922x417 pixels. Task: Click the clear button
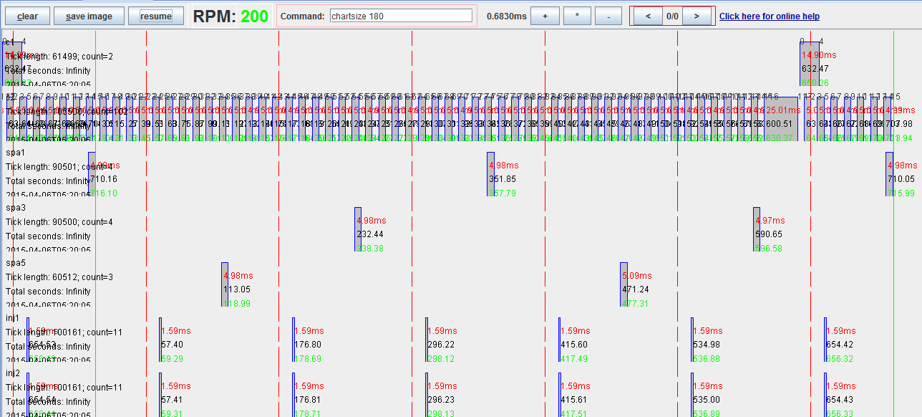pyautogui.click(x=27, y=16)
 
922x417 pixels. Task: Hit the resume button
pyautogui.click(x=155, y=16)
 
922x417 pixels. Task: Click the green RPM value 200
pyautogui.click(x=254, y=16)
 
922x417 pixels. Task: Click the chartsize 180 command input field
pyautogui.click(x=401, y=16)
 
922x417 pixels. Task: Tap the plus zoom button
pyautogui.click(x=545, y=16)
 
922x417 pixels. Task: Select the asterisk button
pyautogui.click(x=577, y=16)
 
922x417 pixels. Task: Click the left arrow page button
pyautogui.click(x=648, y=16)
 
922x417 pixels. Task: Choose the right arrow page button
pyautogui.click(x=696, y=16)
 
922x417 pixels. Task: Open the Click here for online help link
pyautogui.click(x=769, y=16)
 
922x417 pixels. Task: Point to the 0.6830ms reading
pyautogui.click(x=506, y=16)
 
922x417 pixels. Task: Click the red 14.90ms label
pyautogui.click(x=818, y=55)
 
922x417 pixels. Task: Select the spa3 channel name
pyautogui.click(x=16, y=208)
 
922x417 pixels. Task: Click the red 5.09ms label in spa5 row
pyautogui.click(x=636, y=276)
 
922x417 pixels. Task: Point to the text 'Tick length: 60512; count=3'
pyautogui.click(x=59, y=277)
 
